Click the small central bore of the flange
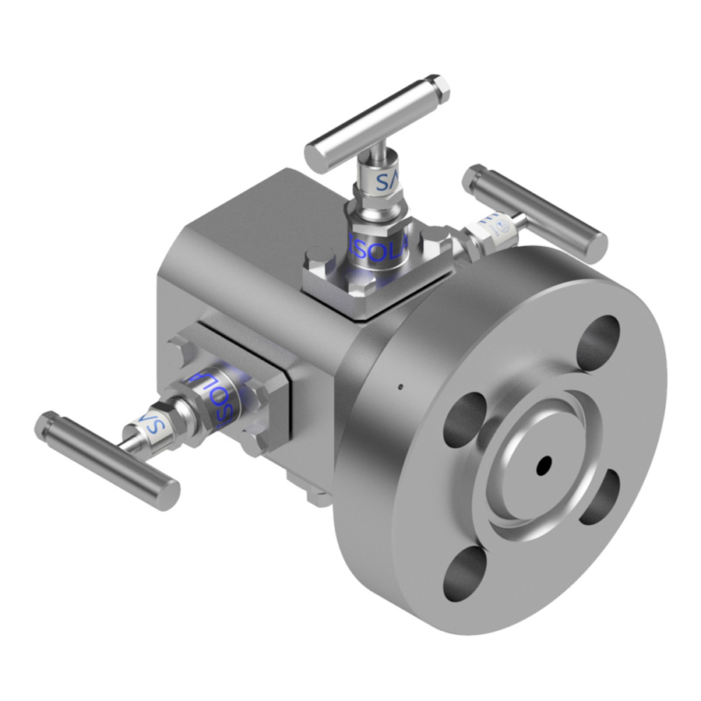point(543,464)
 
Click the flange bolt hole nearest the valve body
point(465,416)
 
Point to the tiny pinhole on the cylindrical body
point(400,386)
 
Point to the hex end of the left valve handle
point(46,425)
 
